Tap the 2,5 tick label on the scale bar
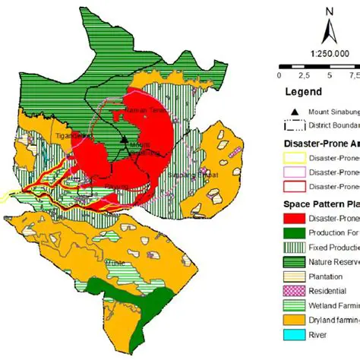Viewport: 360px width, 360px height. point(305,75)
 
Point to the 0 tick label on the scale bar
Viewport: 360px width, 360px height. point(279,75)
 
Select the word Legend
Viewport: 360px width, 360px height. point(303,92)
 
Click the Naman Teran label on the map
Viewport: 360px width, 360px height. point(138,112)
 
